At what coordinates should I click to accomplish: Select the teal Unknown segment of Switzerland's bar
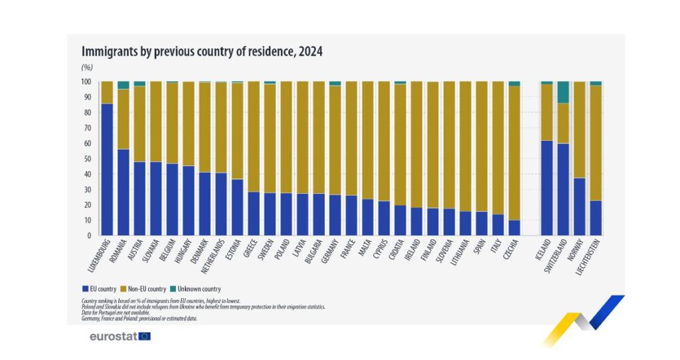pyautogui.click(x=563, y=92)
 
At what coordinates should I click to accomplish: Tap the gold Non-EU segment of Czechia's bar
pyautogui.click(x=514, y=153)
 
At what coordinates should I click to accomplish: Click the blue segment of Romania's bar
pyautogui.click(x=123, y=192)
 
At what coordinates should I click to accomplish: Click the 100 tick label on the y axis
pyautogui.click(x=86, y=82)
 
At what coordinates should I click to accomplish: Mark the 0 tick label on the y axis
pyautogui.click(x=88, y=236)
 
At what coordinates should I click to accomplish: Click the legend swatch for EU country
pyautogui.click(x=84, y=289)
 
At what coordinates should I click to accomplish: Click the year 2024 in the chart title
pyautogui.click(x=310, y=51)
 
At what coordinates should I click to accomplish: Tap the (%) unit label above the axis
pyautogui.click(x=86, y=67)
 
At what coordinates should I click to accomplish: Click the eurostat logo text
pyautogui.click(x=114, y=336)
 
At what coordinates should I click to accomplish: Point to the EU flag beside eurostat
pyautogui.click(x=145, y=336)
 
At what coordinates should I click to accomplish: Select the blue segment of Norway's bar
pyautogui.click(x=579, y=207)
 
